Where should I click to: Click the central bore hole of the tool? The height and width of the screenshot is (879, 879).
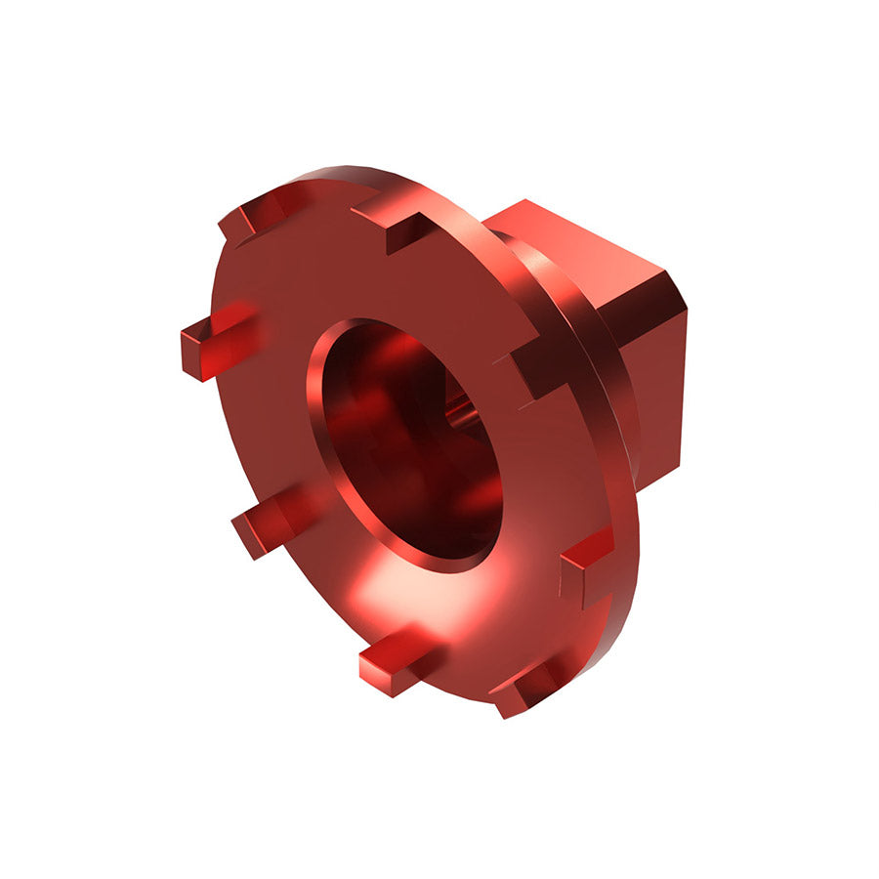(x=410, y=439)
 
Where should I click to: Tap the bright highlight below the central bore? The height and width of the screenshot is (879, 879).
(x=391, y=596)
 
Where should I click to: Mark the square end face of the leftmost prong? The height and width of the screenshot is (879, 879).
(x=193, y=352)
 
